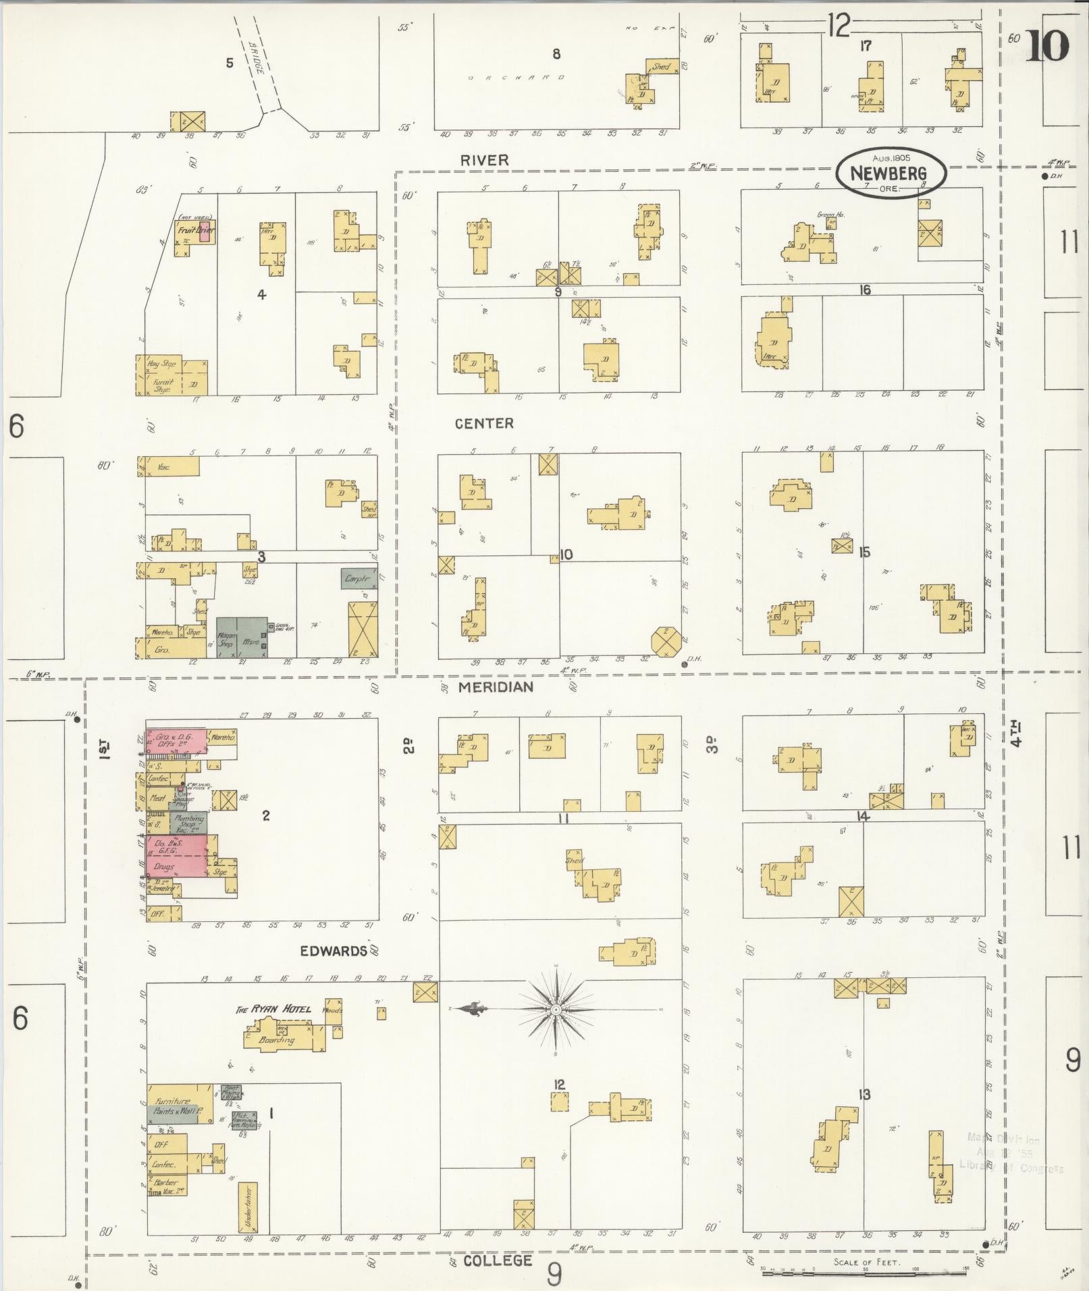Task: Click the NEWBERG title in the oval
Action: coord(888,173)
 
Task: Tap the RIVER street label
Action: coord(484,160)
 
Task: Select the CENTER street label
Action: coord(484,423)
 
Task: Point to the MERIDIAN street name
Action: coord(496,687)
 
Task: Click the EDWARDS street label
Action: coord(334,951)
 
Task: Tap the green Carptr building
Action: coord(359,578)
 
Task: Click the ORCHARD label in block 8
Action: coord(515,78)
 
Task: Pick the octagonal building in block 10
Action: coord(666,639)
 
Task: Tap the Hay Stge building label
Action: coord(161,364)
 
